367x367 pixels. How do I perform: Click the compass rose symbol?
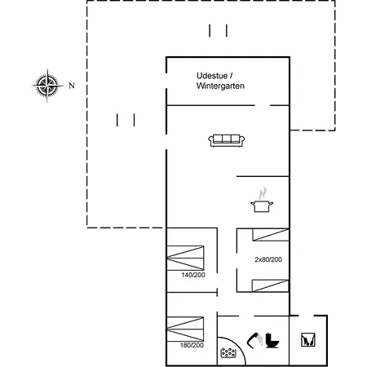tap(47, 86)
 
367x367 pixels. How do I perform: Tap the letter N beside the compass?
tap(72, 86)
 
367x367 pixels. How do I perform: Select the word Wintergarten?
tap(220, 86)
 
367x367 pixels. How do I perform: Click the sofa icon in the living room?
tap(227, 140)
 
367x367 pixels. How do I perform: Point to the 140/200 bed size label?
tap(193, 275)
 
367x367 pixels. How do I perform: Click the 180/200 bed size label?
tap(192, 345)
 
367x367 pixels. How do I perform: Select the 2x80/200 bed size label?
tap(268, 259)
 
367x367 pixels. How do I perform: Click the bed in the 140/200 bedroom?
tap(185, 258)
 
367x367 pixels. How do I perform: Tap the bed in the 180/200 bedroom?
tap(185, 329)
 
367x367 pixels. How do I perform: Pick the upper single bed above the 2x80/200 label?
tap(271, 235)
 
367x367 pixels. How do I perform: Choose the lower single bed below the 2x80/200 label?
tap(270, 285)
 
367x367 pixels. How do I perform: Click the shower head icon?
tap(254, 340)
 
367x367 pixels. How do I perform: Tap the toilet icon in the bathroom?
tap(272, 340)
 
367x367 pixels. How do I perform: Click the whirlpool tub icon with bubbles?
tap(228, 353)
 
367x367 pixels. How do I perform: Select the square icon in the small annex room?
tap(308, 340)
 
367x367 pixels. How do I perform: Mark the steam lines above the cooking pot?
tap(263, 193)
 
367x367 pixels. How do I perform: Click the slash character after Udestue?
tap(231, 76)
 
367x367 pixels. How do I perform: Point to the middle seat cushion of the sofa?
tap(227, 139)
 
